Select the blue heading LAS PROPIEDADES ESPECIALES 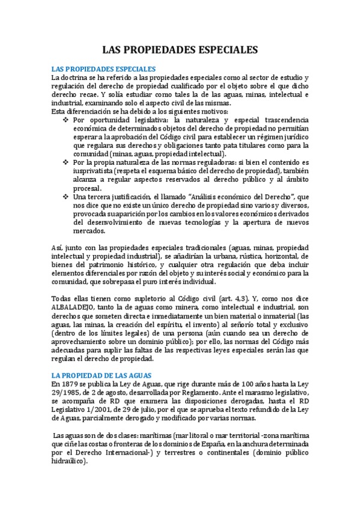pyautogui.click(x=103, y=70)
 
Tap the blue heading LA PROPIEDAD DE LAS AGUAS pyautogui.click(x=101, y=375)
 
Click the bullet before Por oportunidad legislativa pyautogui.click(x=66, y=121)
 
